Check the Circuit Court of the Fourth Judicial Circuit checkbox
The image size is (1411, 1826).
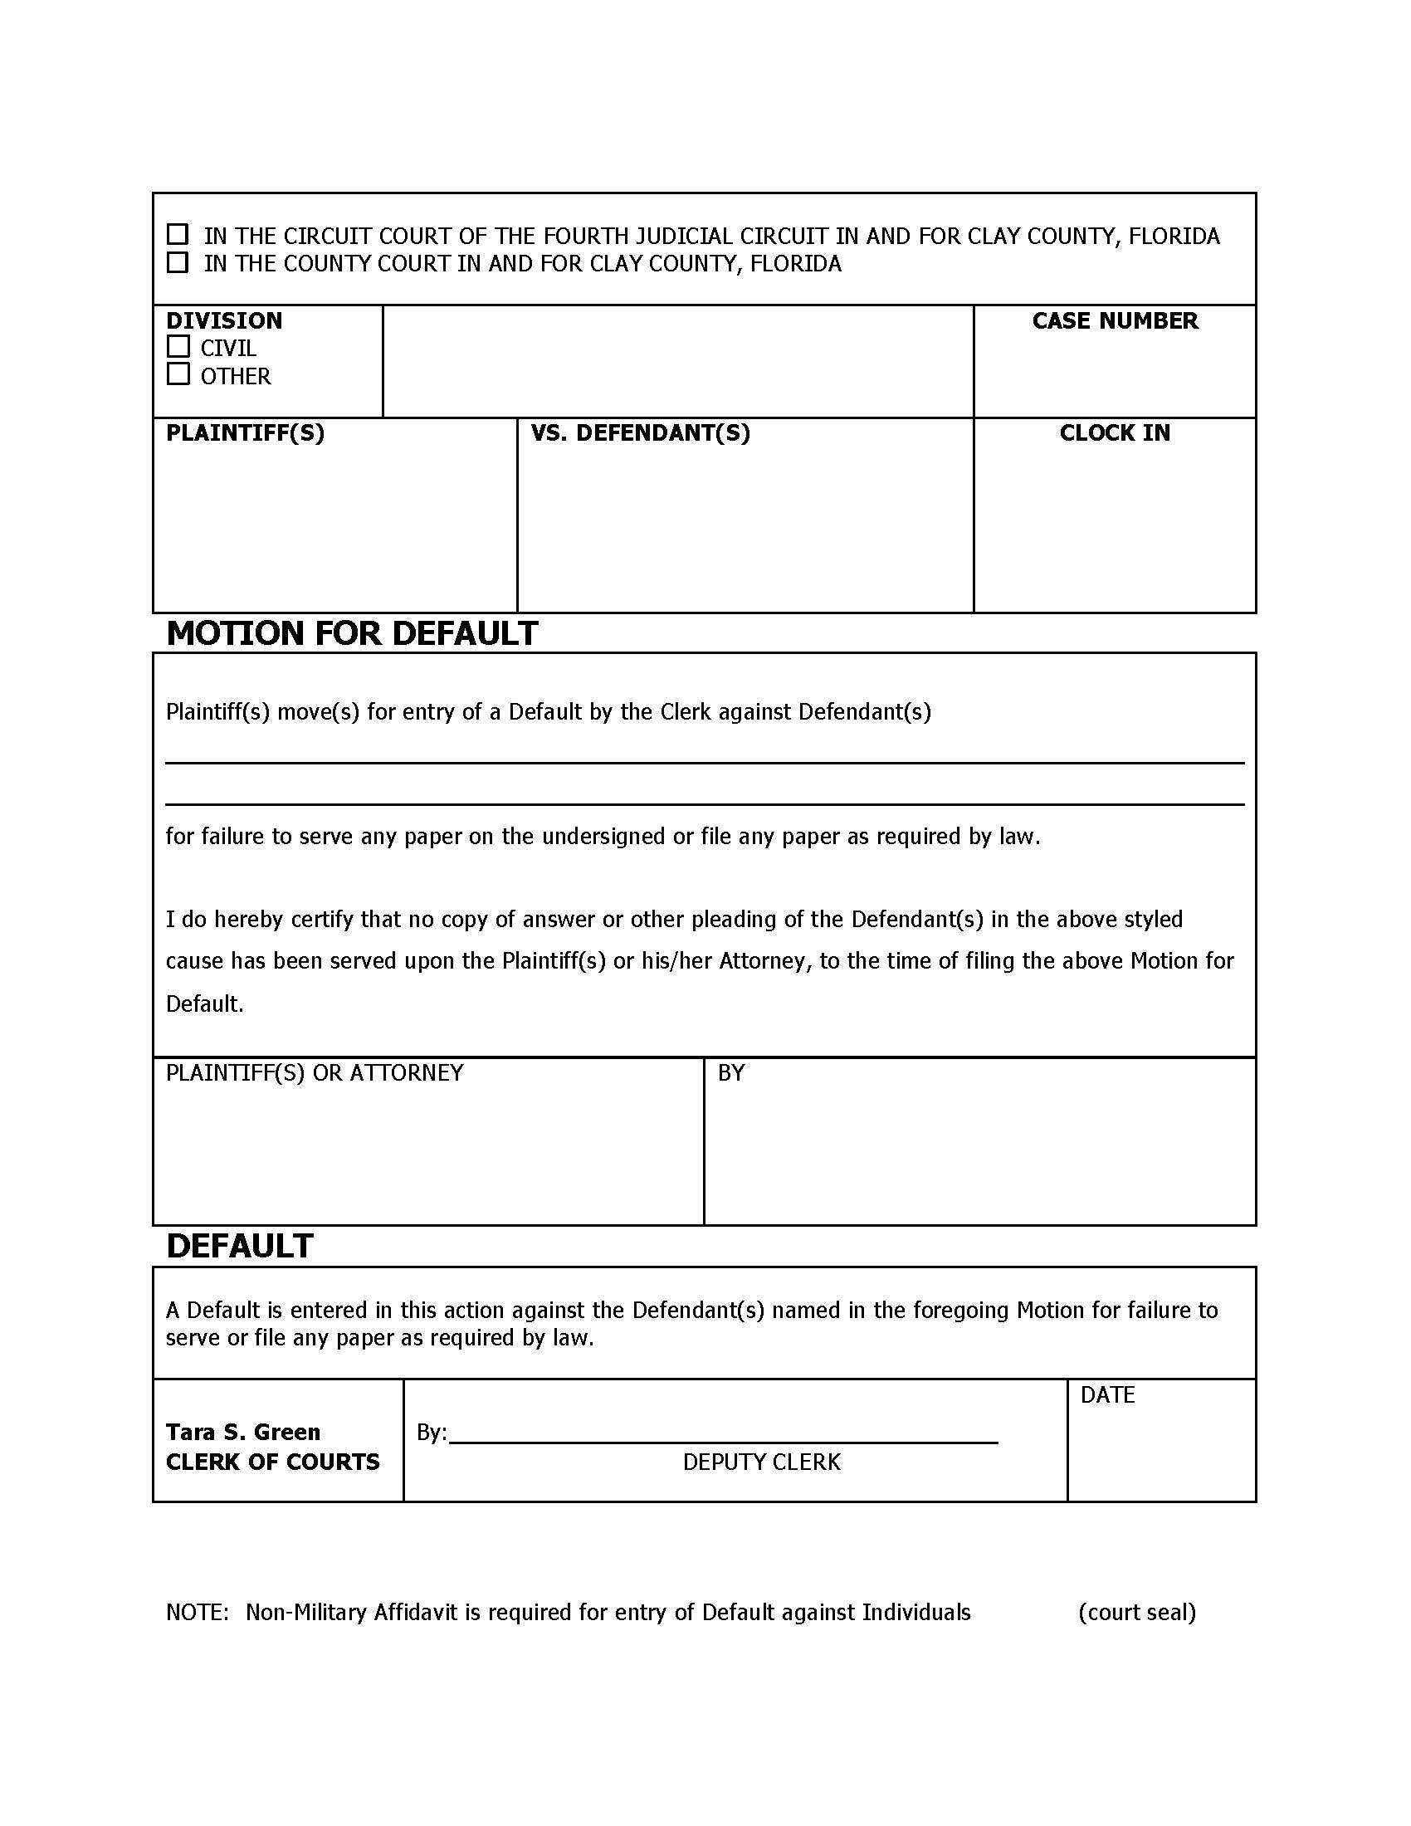(x=178, y=234)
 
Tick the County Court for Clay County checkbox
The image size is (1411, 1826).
(x=178, y=262)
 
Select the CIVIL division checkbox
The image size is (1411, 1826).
(x=178, y=346)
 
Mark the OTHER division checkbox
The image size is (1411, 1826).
(x=178, y=374)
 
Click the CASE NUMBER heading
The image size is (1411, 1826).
(x=1114, y=321)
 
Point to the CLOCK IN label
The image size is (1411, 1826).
(x=1114, y=433)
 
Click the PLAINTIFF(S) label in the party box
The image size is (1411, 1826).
(x=245, y=433)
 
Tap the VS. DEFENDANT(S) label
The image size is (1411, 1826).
(x=640, y=433)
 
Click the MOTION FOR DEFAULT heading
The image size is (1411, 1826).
(x=352, y=634)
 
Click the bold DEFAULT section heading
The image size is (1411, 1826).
(x=240, y=1246)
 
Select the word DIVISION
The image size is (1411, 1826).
(x=224, y=321)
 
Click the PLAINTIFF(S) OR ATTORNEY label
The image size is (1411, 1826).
(x=315, y=1073)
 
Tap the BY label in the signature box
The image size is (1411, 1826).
(x=730, y=1073)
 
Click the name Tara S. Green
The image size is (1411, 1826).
(x=243, y=1433)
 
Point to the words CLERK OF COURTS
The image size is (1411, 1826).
(x=272, y=1462)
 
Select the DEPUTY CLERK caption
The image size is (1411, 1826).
(x=761, y=1462)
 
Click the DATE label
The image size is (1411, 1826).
(x=1107, y=1395)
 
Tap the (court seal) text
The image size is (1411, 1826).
(x=1137, y=1613)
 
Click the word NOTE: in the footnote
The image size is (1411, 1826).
(x=198, y=1613)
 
